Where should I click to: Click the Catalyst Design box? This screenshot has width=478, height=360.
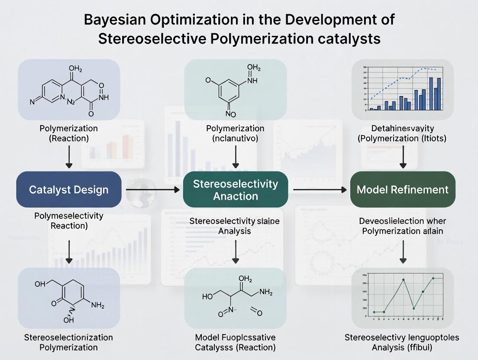[x=69, y=190]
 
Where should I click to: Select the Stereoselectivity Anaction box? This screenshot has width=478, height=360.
[x=236, y=190]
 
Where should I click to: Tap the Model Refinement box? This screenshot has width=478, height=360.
[x=403, y=190]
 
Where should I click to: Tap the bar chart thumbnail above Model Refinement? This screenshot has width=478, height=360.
[x=403, y=89]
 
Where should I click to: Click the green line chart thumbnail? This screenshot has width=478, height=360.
[x=403, y=297]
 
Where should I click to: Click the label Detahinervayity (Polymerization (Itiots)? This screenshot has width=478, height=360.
[x=403, y=133]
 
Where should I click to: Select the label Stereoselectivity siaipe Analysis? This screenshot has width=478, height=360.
[x=235, y=226]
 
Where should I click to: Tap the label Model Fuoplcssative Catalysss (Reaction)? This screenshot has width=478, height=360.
[x=236, y=342]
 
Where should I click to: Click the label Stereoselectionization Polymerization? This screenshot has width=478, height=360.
[x=69, y=342]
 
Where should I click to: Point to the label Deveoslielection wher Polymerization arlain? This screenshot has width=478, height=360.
[x=403, y=226]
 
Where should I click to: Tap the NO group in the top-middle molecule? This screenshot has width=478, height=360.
[x=230, y=114]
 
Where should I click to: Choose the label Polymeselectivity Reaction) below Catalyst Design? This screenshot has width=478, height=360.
[x=69, y=220]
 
